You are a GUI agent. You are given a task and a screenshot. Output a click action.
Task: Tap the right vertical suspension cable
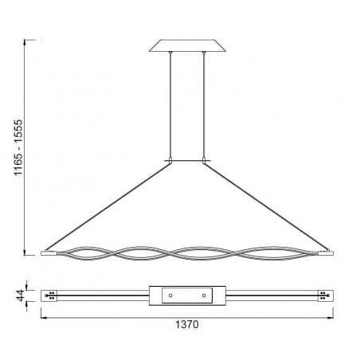pyautogui.click(x=205, y=104)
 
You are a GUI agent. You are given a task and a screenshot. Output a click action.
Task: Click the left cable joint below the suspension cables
pyautogui.click(x=168, y=160)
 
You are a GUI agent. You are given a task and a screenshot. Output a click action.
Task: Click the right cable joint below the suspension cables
pyautogui.click(x=205, y=160)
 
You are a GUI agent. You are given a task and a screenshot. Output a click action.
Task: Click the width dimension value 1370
pyautogui.click(x=187, y=326)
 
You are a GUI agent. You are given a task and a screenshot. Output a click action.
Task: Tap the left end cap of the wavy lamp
pyautogui.click(x=50, y=252)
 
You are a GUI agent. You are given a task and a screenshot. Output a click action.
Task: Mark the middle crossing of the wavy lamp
pyautogui.click(x=187, y=253)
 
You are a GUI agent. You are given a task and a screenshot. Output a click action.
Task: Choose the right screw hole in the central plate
pyautogui.click(x=204, y=295)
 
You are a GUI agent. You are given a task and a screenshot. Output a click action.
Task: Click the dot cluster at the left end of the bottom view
pyautogui.click(x=53, y=295)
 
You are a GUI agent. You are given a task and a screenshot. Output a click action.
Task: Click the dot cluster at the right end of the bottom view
pyautogui.click(x=323, y=295)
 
